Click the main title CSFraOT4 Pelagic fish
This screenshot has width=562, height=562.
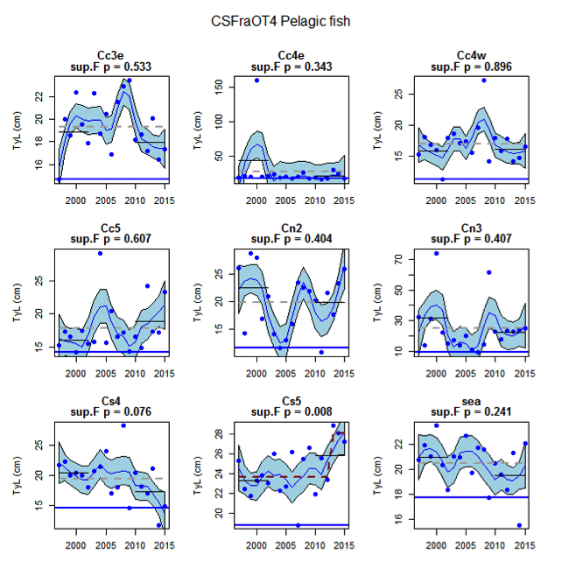pyautogui.click(x=280, y=18)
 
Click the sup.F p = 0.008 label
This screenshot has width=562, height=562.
pyautogui.click(x=291, y=411)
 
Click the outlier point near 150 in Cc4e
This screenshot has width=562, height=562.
pyautogui.click(x=256, y=81)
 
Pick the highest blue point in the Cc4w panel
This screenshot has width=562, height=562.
pyautogui.click(x=483, y=81)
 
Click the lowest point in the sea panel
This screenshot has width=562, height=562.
pyautogui.click(x=519, y=525)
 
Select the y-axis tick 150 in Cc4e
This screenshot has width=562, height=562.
pyautogui.click(x=219, y=85)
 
